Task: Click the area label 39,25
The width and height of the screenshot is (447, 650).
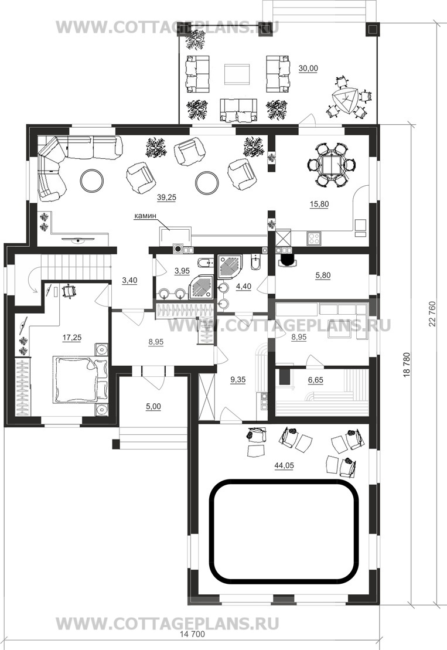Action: [166, 198]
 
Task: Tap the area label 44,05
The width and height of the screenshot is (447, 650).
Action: [284, 465]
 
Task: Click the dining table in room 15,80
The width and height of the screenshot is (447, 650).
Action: [331, 165]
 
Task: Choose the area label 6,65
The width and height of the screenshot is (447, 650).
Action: [316, 380]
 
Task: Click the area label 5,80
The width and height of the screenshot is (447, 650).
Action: [323, 275]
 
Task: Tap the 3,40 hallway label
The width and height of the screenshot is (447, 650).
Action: [129, 281]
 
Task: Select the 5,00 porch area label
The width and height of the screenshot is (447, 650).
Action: [153, 407]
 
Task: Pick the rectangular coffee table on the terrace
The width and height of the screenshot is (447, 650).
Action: [237, 74]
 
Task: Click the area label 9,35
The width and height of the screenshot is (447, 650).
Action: [237, 380]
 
